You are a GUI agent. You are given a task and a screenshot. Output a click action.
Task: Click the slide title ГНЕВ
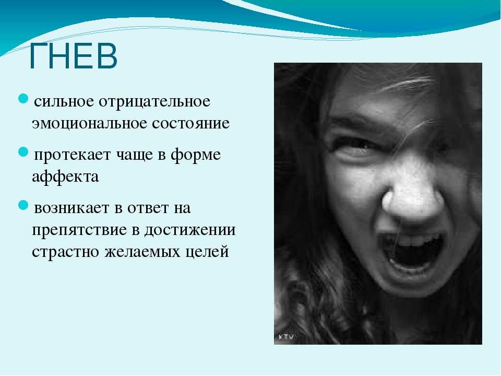[x=73, y=56]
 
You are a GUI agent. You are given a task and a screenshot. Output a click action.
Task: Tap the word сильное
[x=64, y=102]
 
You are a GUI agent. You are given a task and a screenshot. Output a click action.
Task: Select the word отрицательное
[x=154, y=102]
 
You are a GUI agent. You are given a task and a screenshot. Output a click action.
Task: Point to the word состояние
[x=191, y=123]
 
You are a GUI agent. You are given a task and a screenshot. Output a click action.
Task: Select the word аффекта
[x=65, y=176]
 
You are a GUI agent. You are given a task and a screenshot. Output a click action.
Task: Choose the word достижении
[x=190, y=230]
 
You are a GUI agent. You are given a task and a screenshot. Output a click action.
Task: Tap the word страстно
[x=66, y=252]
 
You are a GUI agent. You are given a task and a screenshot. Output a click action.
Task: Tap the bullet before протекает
[x=23, y=152]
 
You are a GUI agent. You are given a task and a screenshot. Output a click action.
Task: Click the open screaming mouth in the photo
[x=412, y=253]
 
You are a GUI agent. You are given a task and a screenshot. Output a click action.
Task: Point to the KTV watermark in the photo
[x=287, y=336]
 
